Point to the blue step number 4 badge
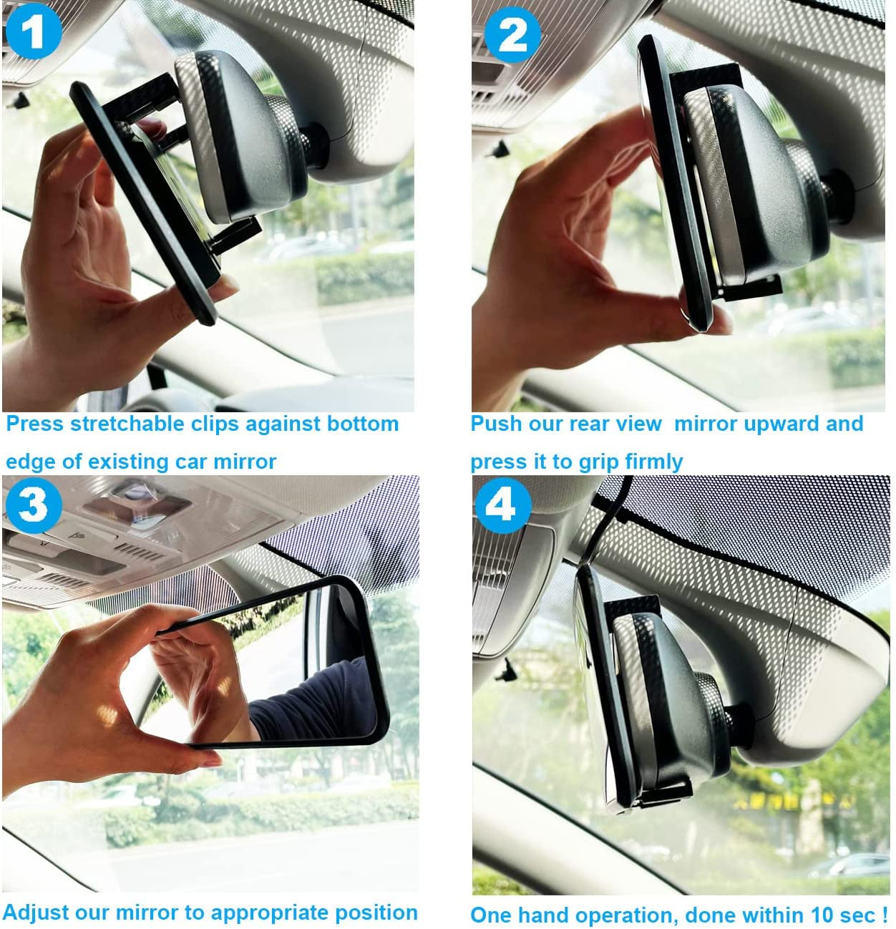pos(502,505)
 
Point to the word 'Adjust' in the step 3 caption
pos(36,913)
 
